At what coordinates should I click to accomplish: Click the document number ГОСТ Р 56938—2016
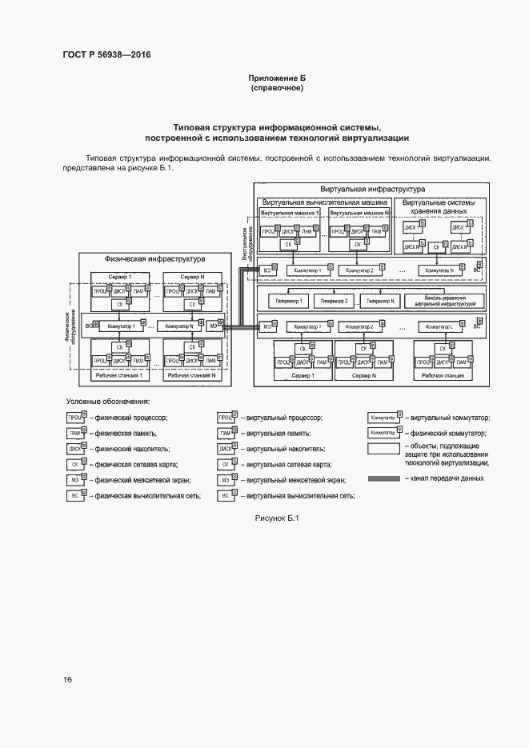(x=106, y=54)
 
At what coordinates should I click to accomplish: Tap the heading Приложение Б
(x=277, y=78)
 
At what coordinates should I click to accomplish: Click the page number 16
(x=68, y=679)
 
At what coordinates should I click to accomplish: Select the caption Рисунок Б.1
(x=276, y=518)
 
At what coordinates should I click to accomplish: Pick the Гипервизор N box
(x=379, y=301)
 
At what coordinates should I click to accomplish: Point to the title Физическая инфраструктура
(x=154, y=259)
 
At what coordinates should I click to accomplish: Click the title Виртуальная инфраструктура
(x=372, y=189)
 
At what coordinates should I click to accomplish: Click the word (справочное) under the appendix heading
(x=277, y=88)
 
